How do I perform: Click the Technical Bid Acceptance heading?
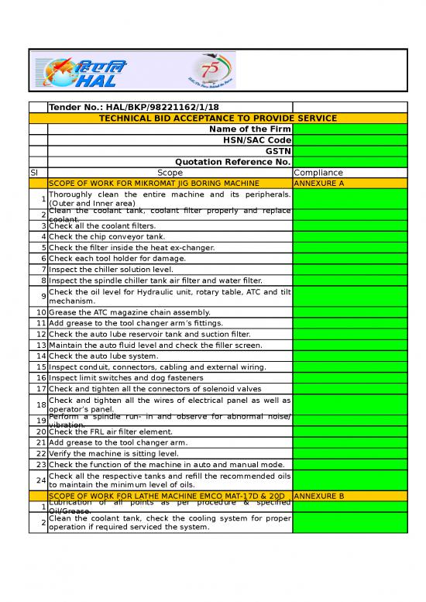coord(218,118)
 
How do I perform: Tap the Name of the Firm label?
coord(250,129)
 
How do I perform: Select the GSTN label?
coord(278,150)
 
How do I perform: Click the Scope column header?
coord(170,172)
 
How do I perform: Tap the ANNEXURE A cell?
coord(320,183)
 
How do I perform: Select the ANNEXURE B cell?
coord(320,494)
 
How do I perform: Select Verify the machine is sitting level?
coord(113,453)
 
